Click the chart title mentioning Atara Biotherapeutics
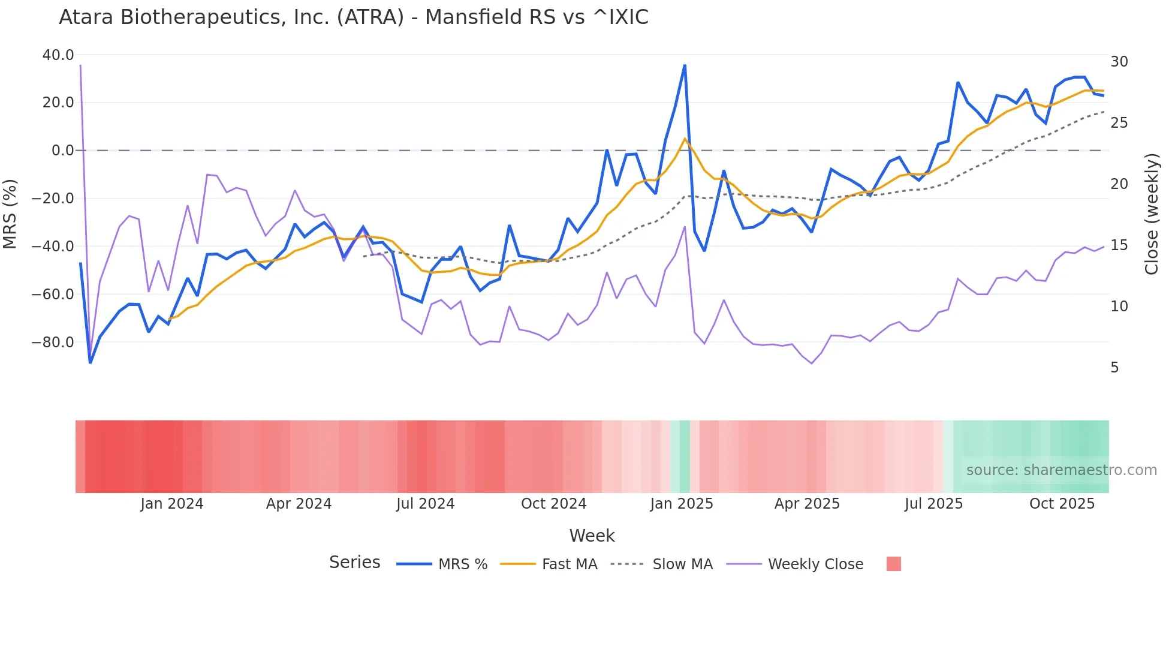(353, 17)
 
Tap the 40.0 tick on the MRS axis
(58, 55)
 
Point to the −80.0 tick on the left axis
(53, 342)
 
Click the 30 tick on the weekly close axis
(1119, 62)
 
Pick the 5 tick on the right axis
(1114, 368)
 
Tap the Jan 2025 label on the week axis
(682, 504)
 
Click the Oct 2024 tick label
(553, 504)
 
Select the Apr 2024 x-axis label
(299, 504)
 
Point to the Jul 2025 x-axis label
(933, 504)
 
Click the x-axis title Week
(592, 536)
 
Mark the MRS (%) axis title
(10, 214)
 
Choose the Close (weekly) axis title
(1152, 214)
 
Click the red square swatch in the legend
(893, 564)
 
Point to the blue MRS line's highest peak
(685, 65)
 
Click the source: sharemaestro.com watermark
(1061, 470)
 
